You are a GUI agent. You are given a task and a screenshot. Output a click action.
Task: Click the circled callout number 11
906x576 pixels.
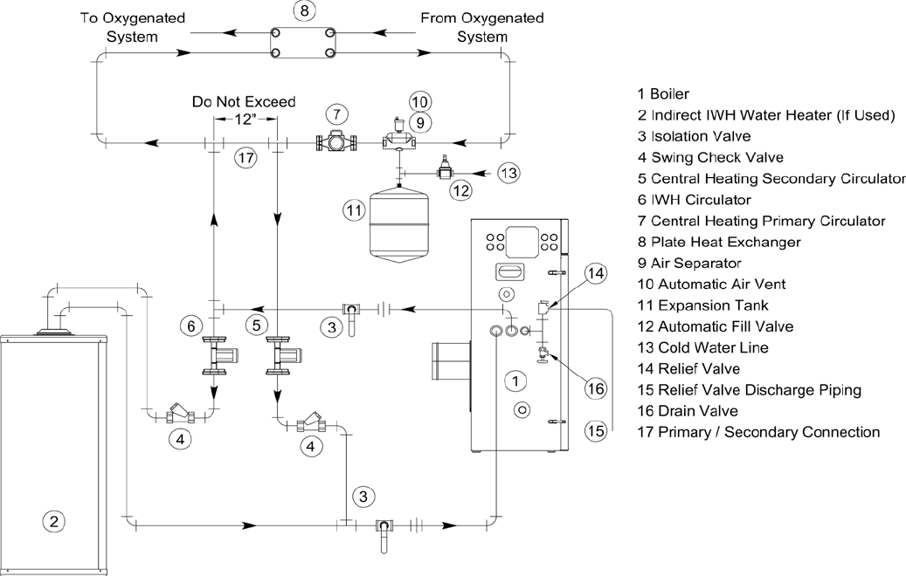click(x=353, y=210)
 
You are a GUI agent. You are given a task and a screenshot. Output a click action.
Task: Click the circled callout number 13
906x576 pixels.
click(x=509, y=172)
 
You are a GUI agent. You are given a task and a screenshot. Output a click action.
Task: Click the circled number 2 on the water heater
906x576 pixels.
click(x=53, y=522)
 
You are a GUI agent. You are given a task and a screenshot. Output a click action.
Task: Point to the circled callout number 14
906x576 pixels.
click(x=595, y=274)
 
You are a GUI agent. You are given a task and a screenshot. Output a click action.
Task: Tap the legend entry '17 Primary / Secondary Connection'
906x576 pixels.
click(x=759, y=432)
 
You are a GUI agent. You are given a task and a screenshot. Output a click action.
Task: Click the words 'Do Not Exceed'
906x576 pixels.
click(x=244, y=102)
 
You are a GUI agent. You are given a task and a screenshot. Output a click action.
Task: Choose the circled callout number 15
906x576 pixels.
click(x=595, y=429)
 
